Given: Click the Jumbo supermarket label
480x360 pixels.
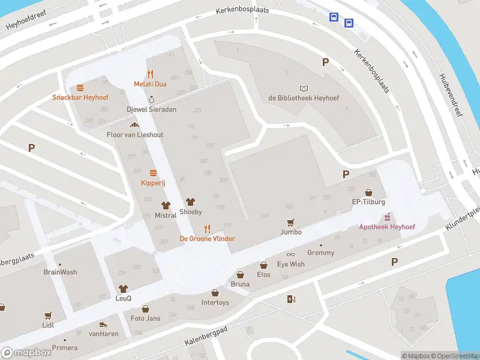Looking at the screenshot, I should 290,232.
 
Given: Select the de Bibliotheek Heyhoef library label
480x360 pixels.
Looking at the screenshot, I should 304,98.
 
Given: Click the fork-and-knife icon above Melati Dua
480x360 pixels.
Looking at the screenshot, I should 150,74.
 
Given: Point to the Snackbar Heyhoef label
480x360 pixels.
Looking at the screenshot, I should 79,97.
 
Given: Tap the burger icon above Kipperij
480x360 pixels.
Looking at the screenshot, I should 152,173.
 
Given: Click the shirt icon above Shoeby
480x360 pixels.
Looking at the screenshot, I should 191,202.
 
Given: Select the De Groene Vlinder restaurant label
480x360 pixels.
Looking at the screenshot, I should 207,238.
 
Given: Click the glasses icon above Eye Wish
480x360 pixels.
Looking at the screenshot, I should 290,255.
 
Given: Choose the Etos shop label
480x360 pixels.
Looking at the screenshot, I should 263,275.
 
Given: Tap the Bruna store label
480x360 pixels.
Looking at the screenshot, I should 240,284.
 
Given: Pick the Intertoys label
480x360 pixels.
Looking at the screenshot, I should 215,302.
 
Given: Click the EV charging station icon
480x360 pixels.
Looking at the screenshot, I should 292,299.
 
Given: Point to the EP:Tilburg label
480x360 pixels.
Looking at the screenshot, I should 367,202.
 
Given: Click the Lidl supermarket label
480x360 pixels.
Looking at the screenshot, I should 48,325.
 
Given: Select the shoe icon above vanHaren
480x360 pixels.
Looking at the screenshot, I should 103,324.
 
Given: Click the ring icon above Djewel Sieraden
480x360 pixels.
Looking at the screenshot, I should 151,100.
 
